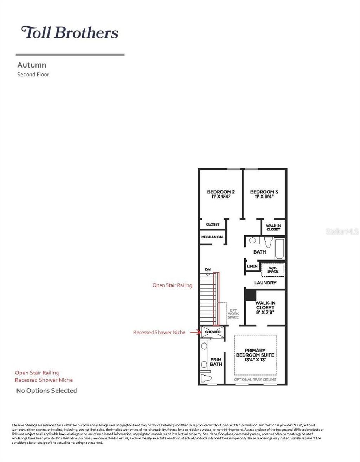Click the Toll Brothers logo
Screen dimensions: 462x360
(x=70, y=32)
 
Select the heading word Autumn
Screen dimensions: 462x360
(x=32, y=65)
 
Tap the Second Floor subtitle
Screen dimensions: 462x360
(x=33, y=75)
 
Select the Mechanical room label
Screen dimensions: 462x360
(x=212, y=237)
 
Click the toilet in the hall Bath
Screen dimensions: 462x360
(x=269, y=242)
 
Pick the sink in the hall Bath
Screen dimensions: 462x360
(x=252, y=241)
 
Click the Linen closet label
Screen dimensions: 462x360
(x=252, y=266)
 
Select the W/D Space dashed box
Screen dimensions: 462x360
(x=272, y=270)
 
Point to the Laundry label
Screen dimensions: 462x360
(x=265, y=283)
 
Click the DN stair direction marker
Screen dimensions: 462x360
(x=208, y=270)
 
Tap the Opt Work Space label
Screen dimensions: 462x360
(x=233, y=314)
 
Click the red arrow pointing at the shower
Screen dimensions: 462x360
(x=195, y=332)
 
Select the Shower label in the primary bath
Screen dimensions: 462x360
(x=213, y=332)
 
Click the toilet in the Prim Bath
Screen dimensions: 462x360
(x=206, y=378)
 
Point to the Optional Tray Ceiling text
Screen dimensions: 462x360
(x=255, y=379)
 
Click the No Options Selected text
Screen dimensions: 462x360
(x=46, y=391)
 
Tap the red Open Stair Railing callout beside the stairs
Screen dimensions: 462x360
(x=172, y=285)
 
